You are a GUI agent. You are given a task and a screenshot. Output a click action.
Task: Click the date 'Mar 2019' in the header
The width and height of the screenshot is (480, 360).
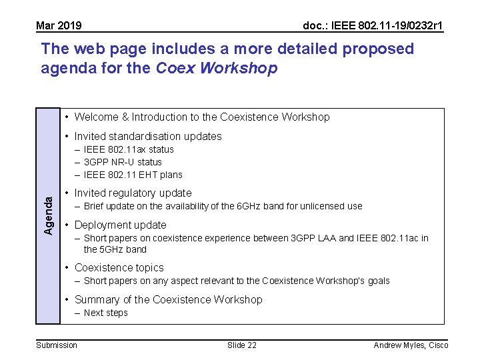(x=59, y=26)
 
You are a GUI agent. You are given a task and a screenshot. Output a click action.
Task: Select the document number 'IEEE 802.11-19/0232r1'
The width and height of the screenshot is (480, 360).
(x=373, y=26)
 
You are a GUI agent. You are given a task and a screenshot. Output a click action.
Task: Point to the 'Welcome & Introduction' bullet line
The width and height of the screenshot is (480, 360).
(x=201, y=117)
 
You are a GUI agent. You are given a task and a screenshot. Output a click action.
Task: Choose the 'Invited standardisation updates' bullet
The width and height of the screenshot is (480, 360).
(x=148, y=137)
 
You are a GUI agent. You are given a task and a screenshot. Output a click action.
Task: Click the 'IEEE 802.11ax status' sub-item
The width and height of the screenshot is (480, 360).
(x=129, y=149)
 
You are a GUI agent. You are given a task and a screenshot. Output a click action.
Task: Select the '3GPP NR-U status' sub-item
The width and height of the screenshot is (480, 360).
(x=123, y=162)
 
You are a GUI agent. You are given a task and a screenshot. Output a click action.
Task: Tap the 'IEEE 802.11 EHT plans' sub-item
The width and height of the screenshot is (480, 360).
(x=133, y=175)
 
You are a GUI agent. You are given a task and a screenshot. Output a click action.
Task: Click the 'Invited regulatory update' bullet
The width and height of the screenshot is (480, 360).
(x=133, y=193)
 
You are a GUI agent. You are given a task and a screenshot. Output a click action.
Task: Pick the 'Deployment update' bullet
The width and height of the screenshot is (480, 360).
(x=120, y=225)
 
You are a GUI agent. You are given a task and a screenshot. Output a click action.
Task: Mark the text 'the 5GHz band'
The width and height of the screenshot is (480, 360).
(x=115, y=249)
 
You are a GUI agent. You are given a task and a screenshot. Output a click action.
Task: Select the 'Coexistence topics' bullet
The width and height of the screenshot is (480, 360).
(x=119, y=268)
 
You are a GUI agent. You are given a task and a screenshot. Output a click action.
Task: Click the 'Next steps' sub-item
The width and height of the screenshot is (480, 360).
(x=105, y=313)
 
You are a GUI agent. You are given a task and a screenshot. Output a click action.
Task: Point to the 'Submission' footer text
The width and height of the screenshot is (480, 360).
(x=56, y=345)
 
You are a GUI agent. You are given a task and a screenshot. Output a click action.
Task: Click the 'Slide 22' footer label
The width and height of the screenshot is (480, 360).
(x=241, y=345)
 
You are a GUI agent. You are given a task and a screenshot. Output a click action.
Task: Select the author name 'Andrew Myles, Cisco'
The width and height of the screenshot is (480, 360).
(x=411, y=345)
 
